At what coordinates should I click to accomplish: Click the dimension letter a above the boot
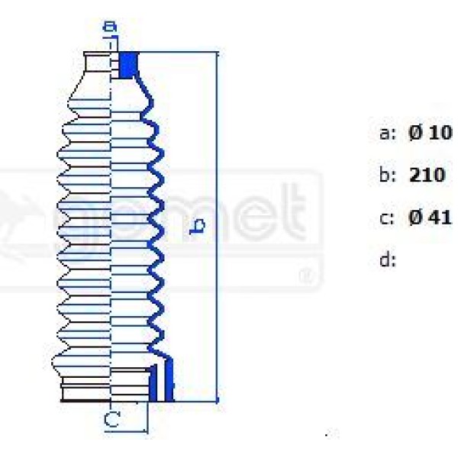click(x=111, y=27)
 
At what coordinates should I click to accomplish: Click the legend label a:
click(x=387, y=133)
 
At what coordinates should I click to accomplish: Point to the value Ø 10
click(x=429, y=133)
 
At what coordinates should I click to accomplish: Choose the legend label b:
click(x=387, y=176)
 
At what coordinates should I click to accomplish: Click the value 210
click(x=427, y=176)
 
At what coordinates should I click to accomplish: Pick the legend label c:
click(x=387, y=218)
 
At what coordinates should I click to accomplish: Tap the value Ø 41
click(x=429, y=218)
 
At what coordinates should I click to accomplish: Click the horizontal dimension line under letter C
click(x=128, y=430)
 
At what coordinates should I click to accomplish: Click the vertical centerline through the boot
click(x=112, y=229)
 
